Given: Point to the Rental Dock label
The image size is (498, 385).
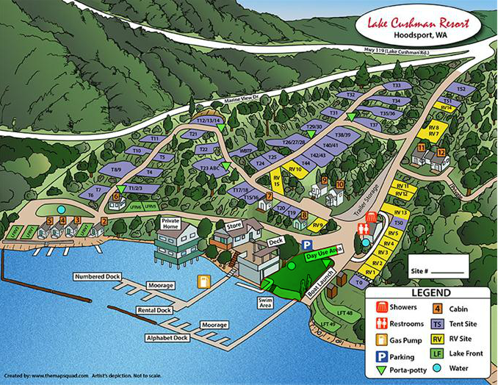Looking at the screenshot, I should [x=156, y=309].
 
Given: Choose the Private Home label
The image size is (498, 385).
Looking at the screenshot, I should [x=170, y=223].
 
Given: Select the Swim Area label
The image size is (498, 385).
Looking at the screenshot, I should [x=265, y=303].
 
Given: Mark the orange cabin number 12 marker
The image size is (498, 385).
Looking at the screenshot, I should [x=441, y=153].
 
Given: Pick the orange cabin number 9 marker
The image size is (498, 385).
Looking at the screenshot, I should [x=324, y=180].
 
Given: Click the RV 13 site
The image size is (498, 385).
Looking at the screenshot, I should [x=400, y=212].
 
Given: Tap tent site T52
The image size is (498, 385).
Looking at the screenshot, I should [x=461, y=89].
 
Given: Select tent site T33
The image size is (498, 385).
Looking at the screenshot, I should [x=397, y=86].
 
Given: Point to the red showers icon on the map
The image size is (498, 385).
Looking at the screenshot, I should [x=372, y=217].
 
